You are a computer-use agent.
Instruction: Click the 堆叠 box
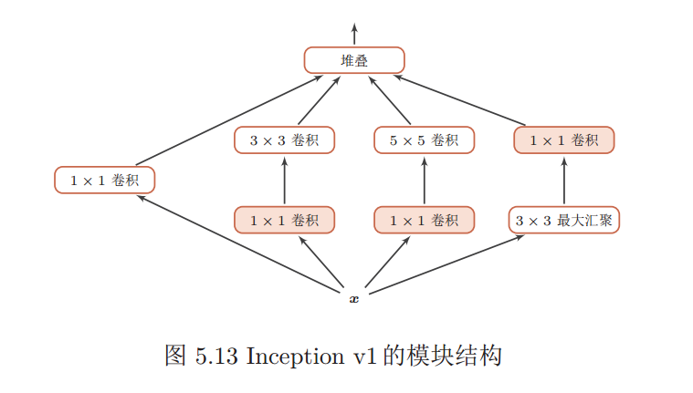pyautogui.click(x=353, y=61)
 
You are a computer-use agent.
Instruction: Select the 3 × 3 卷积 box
pyautogui.click(x=284, y=140)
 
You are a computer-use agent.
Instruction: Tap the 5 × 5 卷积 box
pyautogui.click(x=425, y=140)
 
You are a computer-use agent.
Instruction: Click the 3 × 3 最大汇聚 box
pyautogui.click(x=564, y=221)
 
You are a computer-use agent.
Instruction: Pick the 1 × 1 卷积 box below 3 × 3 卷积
pyautogui.click(x=284, y=221)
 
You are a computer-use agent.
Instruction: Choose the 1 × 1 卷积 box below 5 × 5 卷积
pyautogui.click(x=425, y=221)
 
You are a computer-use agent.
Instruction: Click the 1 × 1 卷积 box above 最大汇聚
pyautogui.click(x=564, y=140)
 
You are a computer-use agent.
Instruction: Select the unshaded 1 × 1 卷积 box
pyautogui.click(x=104, y=181)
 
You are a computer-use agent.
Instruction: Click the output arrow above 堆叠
pyautogui.click(x=354, y=35)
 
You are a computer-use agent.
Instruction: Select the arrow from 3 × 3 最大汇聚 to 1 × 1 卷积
pyautogui.click(x=564, y=181)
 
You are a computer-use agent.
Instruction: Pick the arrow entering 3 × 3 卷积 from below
pyautogui.click(x=284, y=181)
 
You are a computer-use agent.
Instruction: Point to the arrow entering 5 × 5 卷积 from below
pyautogui.click(x=425, y=181)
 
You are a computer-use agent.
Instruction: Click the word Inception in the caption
pyautogui.click(x=294, y=357)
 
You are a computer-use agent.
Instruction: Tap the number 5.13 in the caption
pyautogui.click(x=216, y=357)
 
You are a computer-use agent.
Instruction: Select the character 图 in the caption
pyautogui.click(x=175, y=357)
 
